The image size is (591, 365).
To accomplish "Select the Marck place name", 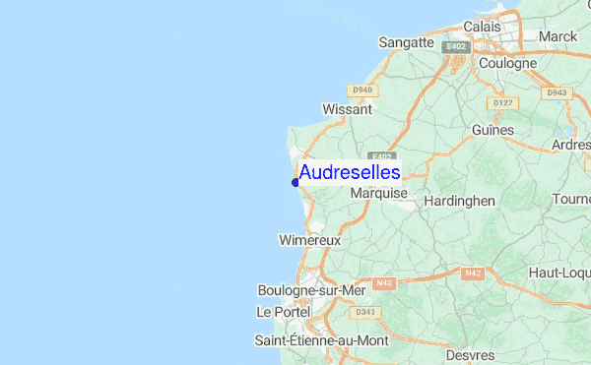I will tap(558, 36).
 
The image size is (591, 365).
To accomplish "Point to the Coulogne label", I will tap(507, 63).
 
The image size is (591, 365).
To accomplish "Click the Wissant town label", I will tap(347, 109).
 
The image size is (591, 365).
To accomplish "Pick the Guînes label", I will tap(492, 130).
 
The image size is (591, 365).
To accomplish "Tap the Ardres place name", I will tap(571, 145).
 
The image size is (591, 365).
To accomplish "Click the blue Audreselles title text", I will tap(350, 172).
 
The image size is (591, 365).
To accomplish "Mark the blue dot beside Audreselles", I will tap(295, 182).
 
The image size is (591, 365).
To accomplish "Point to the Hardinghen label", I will tap(459, 201).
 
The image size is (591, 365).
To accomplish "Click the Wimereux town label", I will tap(309, 240).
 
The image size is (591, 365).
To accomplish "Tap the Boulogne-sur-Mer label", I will tap(311, 290).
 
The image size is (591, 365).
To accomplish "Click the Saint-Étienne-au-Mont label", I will tap(321, 340).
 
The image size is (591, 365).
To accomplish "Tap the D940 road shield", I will tap(363, 91).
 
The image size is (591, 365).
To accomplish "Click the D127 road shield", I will tap(504, 102).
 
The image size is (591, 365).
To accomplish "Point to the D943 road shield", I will tap(558, 93).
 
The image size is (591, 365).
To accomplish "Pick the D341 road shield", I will tap(366, 313).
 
